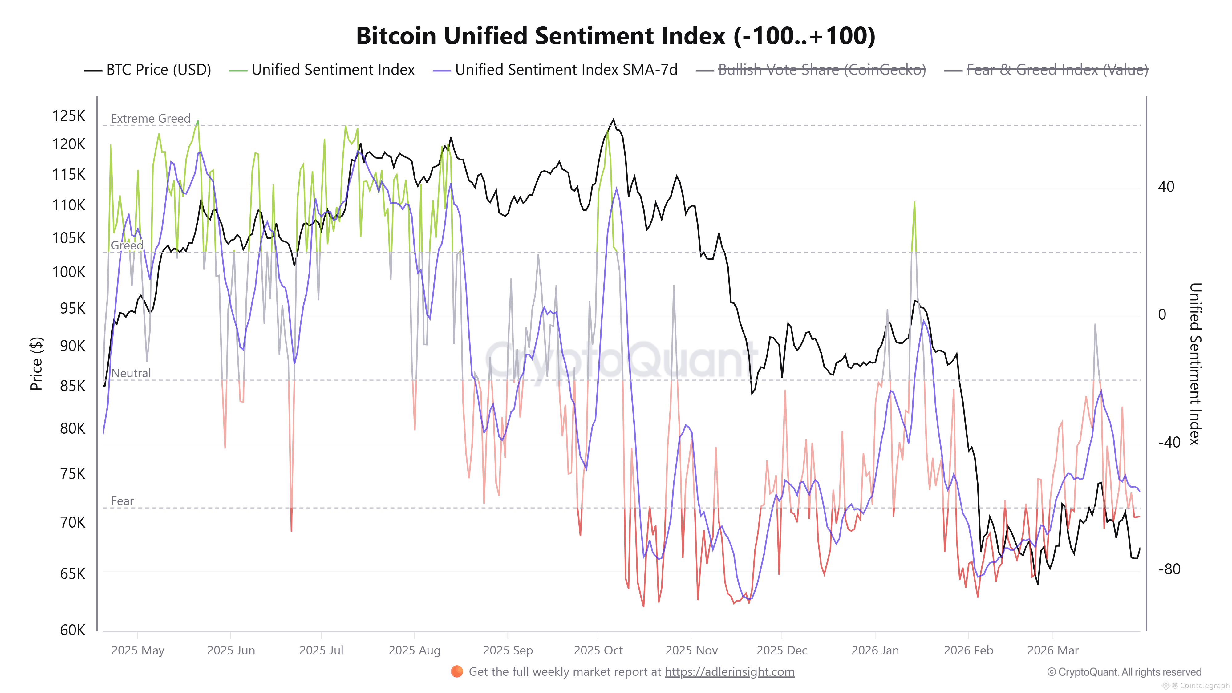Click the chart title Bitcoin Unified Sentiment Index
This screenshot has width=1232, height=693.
(x=615, y=36)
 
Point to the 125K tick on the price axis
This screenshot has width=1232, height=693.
(x=68, y=116)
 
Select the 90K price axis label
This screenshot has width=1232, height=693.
(x=72, y=346)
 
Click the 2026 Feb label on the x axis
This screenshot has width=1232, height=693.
(x=968, y=650)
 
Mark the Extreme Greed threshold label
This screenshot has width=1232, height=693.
(x=151, y=118)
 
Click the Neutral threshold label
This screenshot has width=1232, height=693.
(x=131, y=373)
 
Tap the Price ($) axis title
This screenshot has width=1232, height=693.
(x=36, y=363)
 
